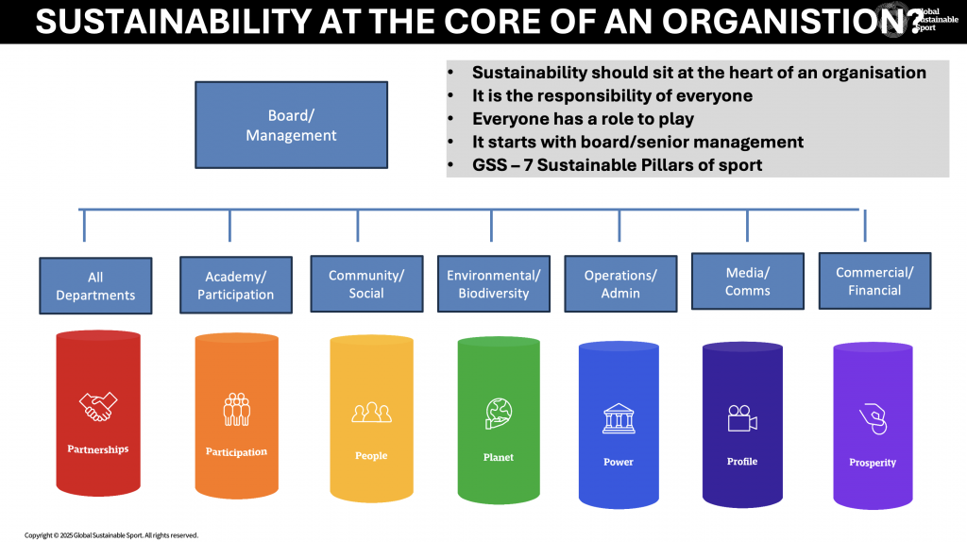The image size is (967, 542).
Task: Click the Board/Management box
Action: [x=291, y=125]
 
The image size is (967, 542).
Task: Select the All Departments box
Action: [x=95, y=285]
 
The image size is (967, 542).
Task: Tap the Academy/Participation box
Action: [x=235, y=284]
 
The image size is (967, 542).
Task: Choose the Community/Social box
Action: [x=366, y=283]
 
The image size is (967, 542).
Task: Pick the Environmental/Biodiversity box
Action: [x=493, y=283]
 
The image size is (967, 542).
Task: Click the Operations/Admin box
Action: [x=620, y=283]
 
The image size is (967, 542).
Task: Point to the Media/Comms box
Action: [x=747, y=281]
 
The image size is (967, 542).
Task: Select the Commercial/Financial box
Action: [x=874, y=280]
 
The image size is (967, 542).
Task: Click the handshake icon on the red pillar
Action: [x=97, y=407]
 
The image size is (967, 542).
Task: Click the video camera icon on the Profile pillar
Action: [x=742, y=417]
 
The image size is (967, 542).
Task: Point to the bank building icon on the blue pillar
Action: [x=619, y=418]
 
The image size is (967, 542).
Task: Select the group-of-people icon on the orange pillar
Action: [x=236, y=409]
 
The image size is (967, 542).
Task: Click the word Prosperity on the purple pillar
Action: [x=873, y=463]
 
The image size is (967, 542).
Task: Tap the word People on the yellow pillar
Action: [x=371, y=456]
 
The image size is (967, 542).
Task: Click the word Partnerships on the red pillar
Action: [x=97, y=449]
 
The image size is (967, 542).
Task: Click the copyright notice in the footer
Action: [x=111, y=534]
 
